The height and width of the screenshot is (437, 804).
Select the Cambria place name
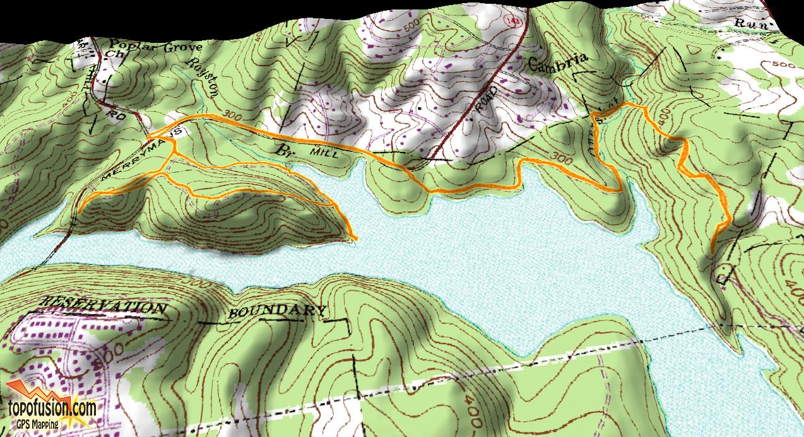pyautogui.click(x=559, y=62)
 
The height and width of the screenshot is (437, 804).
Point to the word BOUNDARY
pyautogui.click(x=277, y=311)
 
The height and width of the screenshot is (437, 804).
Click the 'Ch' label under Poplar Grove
pyautogui.click(x=115, y=55)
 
